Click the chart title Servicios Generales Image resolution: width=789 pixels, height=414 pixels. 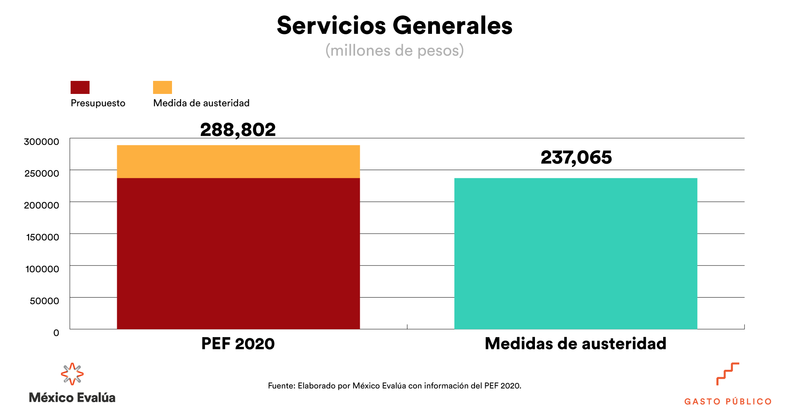coord(394,26)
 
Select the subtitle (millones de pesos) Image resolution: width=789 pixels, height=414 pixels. coord(394,51)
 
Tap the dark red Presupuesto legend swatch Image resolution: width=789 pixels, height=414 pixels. coord(80,87)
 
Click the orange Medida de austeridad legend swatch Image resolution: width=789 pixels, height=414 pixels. coord(163,87)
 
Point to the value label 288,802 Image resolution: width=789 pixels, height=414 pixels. coord(238,130)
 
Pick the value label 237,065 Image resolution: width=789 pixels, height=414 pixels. coord(576,157)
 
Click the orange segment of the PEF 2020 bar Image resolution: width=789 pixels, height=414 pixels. coord(238,161)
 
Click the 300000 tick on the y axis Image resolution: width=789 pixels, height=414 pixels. coord(41,142)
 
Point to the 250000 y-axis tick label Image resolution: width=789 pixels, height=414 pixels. coord(42,174)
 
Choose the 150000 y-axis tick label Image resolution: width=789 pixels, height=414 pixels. coord(43,237)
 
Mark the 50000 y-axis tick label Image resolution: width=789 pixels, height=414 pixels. coord(45,301)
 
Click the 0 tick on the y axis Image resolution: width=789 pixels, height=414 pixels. coord(56,333)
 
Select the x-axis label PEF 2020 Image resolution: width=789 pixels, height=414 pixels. coord(238,343)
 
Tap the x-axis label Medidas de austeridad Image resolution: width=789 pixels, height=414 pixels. coord(576,343)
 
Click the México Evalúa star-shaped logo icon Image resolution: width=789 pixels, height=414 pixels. coord(72,374)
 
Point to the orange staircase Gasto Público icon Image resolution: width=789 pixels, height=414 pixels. coord(727,374)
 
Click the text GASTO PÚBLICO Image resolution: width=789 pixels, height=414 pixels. coord(728,402)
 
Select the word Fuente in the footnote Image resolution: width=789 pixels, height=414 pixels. coord(281,386)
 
